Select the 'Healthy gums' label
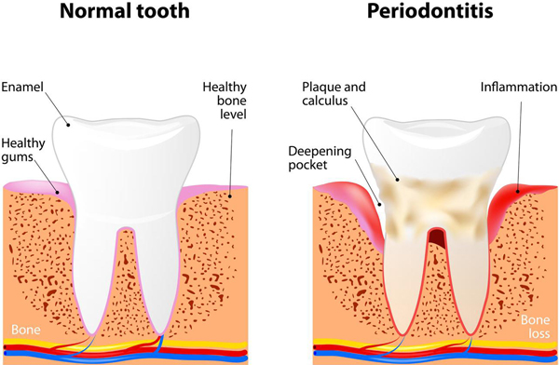pos(21,151)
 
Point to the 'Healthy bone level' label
pos(225,101)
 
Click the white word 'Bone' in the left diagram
pos(23,329)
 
